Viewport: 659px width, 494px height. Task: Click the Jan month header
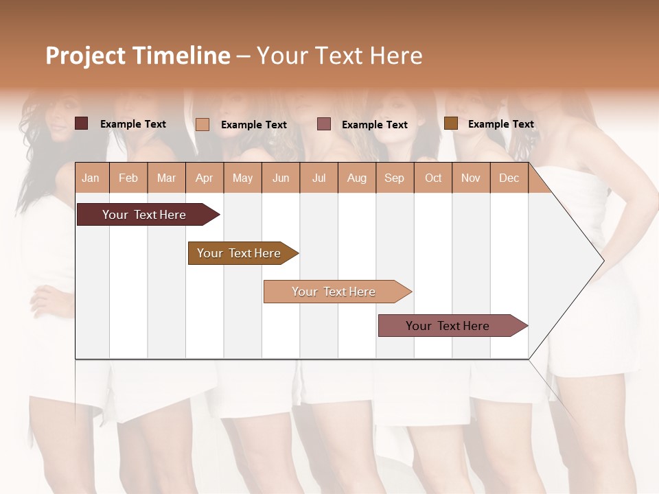click(91, 178)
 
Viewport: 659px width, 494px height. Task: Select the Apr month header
click(204, 178)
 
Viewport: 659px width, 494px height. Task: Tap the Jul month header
click(319, 178)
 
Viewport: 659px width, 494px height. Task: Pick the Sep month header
click(394, 178)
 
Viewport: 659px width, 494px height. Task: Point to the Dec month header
click(509, 178)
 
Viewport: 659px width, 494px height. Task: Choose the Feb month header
click(128, 178)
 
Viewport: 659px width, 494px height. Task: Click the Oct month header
click(433, 178)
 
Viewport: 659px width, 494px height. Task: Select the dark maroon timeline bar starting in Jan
click(144, 215)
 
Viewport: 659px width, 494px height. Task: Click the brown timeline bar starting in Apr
click(239, 253)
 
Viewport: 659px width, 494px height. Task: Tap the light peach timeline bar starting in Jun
click(334, 292)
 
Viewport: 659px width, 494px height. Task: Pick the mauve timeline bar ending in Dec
click(448, 326)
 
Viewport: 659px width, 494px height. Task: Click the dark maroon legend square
click(81, 123)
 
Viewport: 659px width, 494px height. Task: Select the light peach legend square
click(203, 124)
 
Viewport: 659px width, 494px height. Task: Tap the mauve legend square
click(324, 124)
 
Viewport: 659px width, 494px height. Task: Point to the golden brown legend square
click(450, 123)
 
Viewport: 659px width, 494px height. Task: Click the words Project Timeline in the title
click(137, 56)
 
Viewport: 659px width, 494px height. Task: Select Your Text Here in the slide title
click(339, 56)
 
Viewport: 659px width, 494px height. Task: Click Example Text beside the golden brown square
click(500, 124)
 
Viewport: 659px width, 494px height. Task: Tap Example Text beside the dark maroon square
click(132, 124)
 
